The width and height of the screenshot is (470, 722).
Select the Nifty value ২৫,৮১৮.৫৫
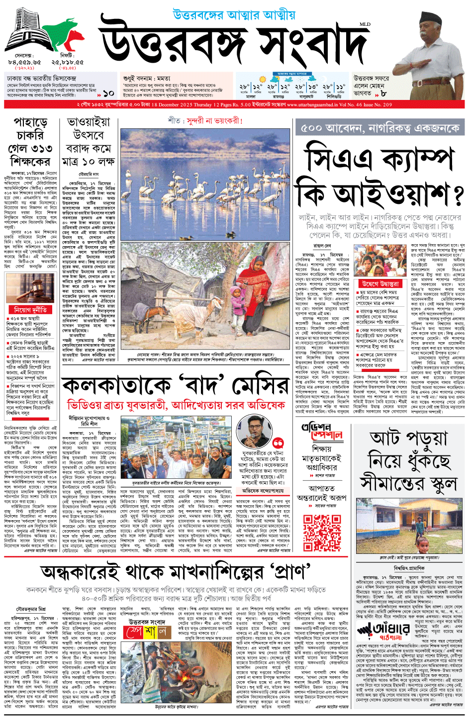67,62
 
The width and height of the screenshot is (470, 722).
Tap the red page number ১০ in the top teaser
108,93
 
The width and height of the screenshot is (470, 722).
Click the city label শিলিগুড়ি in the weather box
334,96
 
